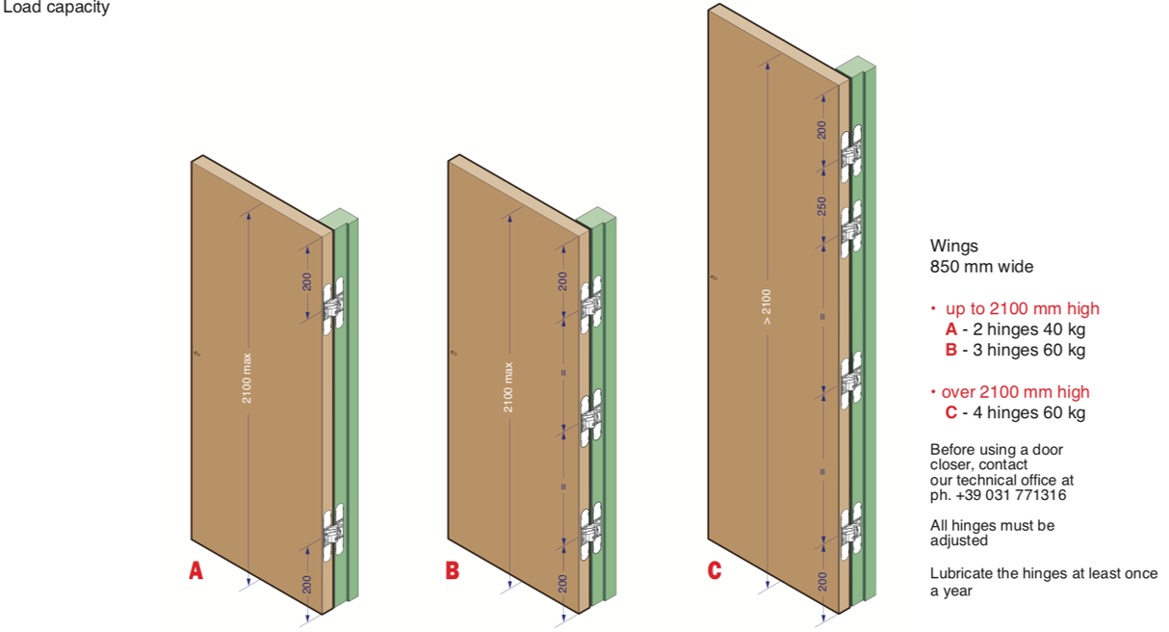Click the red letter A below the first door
[195, 570]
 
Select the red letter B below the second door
[452, 570]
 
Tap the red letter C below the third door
[714, 570]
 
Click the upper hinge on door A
[334, 304]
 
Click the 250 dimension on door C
[822, 206]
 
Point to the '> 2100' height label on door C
[766, 306]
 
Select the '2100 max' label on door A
[247, 377]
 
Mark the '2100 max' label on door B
[508, 387]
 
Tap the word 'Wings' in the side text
[953, 246]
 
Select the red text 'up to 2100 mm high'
[1022, 309]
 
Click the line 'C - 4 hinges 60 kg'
[1015, 413]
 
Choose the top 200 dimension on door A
[307, 281]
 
